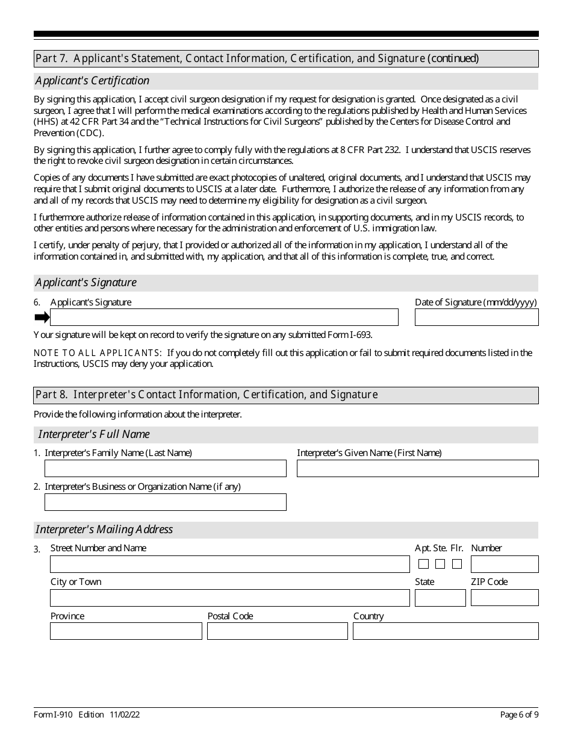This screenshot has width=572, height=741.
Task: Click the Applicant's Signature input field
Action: [224, 317]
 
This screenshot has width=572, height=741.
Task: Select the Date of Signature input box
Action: [476, 317]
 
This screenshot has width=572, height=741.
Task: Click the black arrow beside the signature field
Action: [42, 317]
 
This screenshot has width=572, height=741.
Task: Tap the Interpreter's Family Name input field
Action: [166, 469]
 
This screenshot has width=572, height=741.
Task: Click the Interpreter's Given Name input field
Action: [417, 469]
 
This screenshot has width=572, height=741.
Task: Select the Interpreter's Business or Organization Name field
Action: [166, 502]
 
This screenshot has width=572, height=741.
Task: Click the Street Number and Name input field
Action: [229, 564]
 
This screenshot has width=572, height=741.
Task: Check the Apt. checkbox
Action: [423, 564]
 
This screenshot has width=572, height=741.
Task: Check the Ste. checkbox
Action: [440, 564]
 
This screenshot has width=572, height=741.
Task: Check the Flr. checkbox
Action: [457, 564]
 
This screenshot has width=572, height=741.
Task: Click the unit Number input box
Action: [505, 564]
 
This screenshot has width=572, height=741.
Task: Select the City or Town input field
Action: [229, 598]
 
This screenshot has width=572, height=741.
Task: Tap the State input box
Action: [440, 598]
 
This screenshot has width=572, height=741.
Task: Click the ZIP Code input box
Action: [505, 598]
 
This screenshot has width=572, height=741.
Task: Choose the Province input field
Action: [126, 631]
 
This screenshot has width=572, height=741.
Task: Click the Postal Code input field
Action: [277, 631]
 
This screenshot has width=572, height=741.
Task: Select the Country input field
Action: [446, 631]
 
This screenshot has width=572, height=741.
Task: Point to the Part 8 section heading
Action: [207, 395]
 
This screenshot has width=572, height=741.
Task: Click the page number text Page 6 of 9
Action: [519, 715]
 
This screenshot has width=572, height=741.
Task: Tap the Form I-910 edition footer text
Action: [87, 715]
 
